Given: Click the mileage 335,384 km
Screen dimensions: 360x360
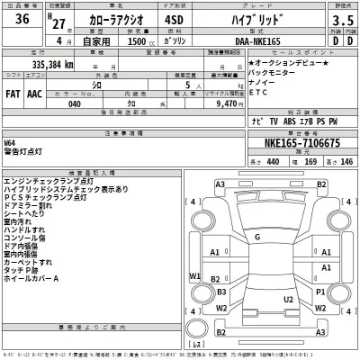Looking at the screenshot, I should [x=41, y=65].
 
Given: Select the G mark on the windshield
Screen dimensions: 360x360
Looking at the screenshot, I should [x=256, y=237].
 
